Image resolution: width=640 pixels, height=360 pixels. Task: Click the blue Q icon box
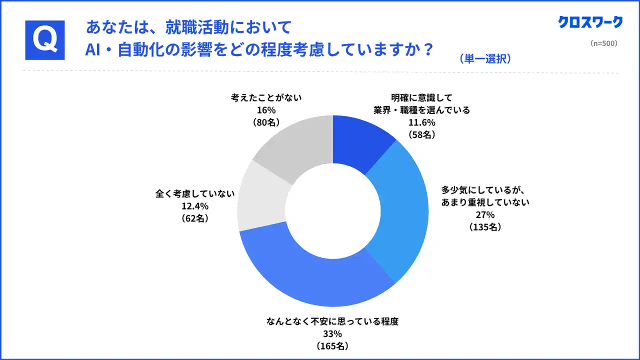[x=45, y=40]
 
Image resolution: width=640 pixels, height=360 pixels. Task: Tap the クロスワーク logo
[x=590, y=22]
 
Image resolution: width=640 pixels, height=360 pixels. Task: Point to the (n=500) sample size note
[x=604, y=43]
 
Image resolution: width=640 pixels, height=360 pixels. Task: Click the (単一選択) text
[x=484, y=59]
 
